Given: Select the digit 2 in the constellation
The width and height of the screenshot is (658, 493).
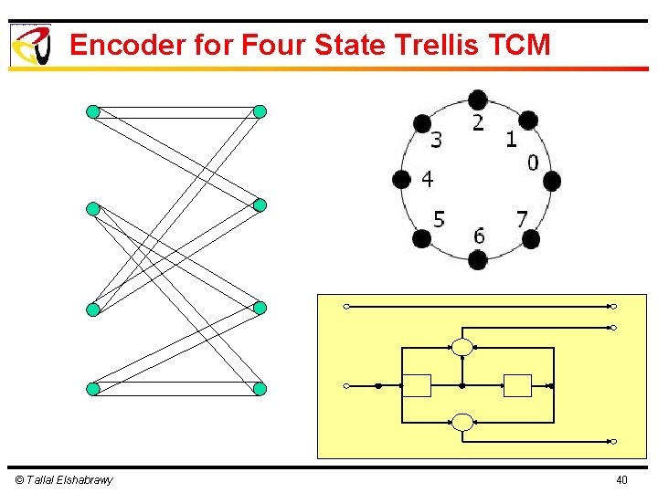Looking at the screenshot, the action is point(478,122).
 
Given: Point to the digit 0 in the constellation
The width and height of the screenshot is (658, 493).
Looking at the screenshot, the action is point(533,163).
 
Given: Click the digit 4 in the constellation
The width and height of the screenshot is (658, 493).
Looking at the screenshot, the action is point(427,180).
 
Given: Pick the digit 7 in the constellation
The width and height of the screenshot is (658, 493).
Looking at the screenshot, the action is point(522,219).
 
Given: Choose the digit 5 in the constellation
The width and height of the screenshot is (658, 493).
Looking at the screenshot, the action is point(439,219).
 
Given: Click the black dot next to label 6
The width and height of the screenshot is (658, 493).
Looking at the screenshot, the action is point(478,260).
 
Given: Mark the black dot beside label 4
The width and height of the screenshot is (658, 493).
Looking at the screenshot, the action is point(401,180).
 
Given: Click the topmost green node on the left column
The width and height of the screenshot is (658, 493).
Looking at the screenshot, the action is point(92,111).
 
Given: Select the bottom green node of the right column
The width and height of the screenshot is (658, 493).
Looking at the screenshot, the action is point(260,389).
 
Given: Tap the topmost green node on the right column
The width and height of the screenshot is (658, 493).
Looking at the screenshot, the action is point(260,111).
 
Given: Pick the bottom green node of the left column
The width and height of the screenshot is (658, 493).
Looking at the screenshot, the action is point(92,389).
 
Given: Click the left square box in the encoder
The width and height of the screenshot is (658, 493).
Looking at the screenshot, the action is point(418,385).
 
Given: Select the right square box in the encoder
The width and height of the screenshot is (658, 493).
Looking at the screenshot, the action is point(518,385).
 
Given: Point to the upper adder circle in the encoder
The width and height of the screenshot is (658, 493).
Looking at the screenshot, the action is point(462,347).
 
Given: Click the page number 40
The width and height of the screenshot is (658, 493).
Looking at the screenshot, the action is point(621,480).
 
